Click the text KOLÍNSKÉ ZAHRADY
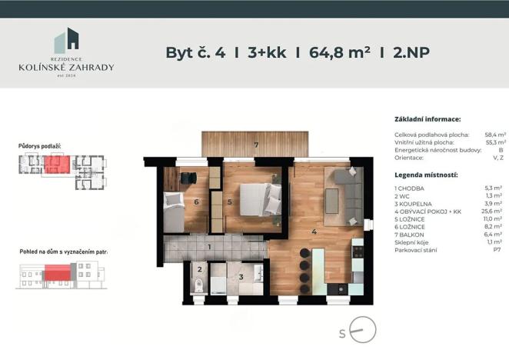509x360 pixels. pos(66,67)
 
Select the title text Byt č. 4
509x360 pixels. pos(195,53)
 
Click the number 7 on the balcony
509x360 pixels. pos(257,144)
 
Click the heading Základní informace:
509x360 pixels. pos(427,120)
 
